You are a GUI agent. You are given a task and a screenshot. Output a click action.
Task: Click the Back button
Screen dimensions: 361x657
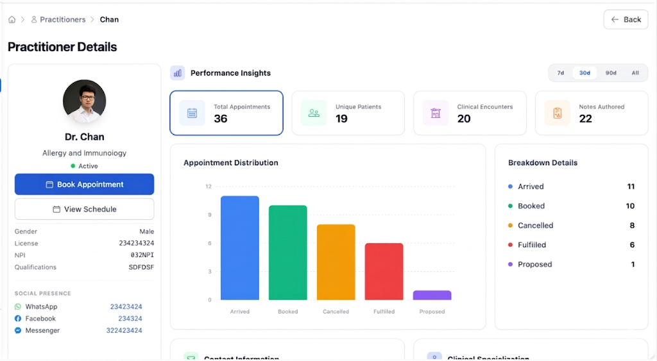point(626,19)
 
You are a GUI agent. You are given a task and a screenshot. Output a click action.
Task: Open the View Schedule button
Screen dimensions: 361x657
point(84,209)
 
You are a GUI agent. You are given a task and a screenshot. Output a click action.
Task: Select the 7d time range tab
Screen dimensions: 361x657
point(560,73)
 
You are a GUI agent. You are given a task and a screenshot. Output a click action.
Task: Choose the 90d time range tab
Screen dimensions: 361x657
point(610,73)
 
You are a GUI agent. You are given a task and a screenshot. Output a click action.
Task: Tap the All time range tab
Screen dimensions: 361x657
point(635,73)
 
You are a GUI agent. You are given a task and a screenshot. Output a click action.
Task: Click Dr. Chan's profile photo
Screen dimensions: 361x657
point(84,101)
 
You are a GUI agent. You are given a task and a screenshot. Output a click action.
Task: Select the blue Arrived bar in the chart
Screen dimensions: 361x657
point(239,248)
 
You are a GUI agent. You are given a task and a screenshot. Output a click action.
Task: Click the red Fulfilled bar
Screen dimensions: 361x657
point(384,271)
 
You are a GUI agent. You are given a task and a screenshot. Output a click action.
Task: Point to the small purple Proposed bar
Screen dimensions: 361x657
point(432,295)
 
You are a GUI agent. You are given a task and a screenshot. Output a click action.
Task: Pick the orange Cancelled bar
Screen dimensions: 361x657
point(336,262)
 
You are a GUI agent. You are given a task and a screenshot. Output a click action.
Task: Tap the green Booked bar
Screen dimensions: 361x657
point(287,253)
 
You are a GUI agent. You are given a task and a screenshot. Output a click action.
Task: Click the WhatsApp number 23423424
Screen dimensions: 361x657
point(126,306)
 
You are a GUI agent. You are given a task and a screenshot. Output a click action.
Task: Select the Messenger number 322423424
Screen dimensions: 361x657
point(124,330)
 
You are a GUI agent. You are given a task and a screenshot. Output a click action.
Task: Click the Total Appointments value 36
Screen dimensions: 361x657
point(221,119)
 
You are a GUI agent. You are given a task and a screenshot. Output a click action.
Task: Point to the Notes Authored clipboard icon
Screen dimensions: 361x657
point(557,113)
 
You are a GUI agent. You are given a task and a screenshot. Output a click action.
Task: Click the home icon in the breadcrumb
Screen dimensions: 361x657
point(12,20)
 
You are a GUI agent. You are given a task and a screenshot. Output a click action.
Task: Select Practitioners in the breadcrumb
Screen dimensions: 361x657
point(62,20)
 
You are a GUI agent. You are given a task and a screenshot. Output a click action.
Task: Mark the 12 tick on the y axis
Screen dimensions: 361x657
point(209,187)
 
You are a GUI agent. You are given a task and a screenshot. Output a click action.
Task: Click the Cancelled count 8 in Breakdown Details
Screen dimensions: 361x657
point(631,226)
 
